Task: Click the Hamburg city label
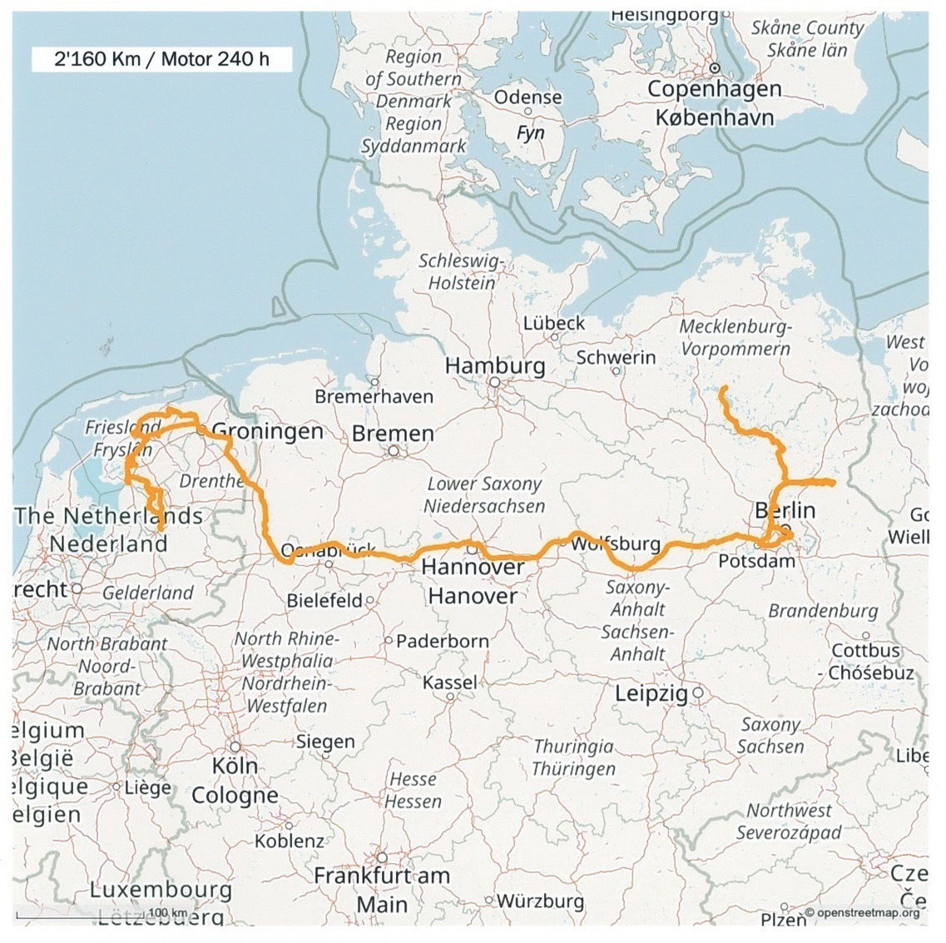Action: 495,365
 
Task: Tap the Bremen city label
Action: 393,434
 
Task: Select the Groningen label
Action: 268,431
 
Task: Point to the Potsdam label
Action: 756,562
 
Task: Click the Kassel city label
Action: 450,682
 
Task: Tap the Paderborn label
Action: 442,641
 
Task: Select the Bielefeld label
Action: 324,600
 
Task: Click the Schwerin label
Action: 616,358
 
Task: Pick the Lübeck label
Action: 554,323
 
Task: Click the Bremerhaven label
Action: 374,397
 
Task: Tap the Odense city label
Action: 527,97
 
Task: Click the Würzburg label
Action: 540,901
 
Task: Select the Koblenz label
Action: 289,841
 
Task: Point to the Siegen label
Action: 325,742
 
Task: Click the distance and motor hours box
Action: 161,59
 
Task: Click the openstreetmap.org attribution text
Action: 867,912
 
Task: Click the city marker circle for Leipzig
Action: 699,692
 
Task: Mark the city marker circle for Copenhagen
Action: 714,69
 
